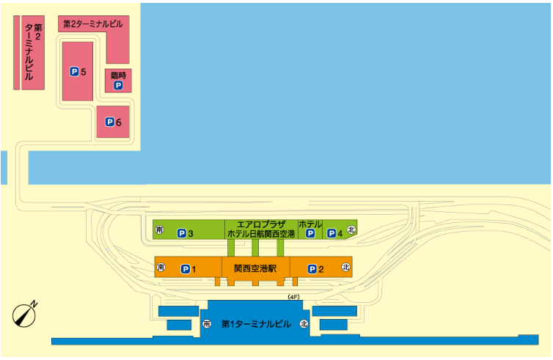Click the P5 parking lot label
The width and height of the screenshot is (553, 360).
pos(78,72)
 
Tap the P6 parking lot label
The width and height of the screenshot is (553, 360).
pos(113,122)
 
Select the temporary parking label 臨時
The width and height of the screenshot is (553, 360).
pos(119,75)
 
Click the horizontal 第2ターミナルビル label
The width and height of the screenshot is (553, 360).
pos(93,24)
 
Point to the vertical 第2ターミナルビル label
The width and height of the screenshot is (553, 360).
pos(33,52)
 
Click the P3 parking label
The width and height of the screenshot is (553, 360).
pos(185,233)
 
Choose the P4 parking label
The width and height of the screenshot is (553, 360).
pos(335,233)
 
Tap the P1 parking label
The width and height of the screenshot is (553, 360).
pos(188,269)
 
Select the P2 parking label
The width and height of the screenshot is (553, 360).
pos(315,269)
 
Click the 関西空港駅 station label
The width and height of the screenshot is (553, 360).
pos(255,268)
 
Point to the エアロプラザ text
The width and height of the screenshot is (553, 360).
pos(261,224)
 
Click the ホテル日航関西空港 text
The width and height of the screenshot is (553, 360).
pos(261,234)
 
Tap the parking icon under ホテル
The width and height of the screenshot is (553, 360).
pos(310,233)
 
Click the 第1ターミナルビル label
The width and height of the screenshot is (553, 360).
pos(256,324)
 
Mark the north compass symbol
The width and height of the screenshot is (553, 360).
pos(25,314)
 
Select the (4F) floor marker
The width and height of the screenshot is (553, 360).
pos(293,297)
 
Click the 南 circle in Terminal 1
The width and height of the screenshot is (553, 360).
pos(207,323)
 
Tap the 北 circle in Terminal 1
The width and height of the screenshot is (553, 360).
pos(304,323)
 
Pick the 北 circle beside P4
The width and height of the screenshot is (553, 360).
pos(351,229)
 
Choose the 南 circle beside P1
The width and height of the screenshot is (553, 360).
pos(161,267)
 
